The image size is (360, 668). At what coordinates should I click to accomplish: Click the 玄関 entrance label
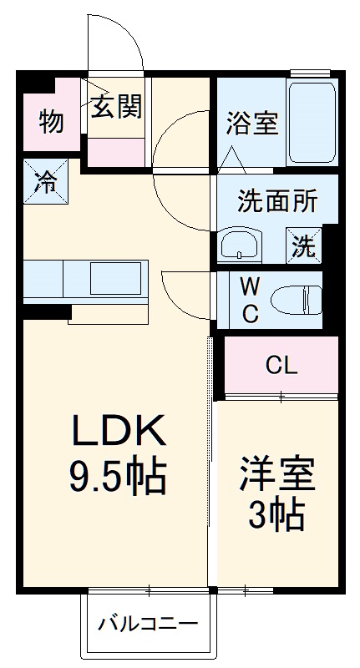click(116, 106)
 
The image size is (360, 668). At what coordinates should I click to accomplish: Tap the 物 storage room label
click(51, 122)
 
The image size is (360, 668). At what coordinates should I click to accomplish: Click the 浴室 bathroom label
click(251, 123)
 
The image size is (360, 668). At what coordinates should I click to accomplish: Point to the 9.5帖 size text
click(117, 477)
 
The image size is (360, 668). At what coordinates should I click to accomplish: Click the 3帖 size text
click(275, 518)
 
